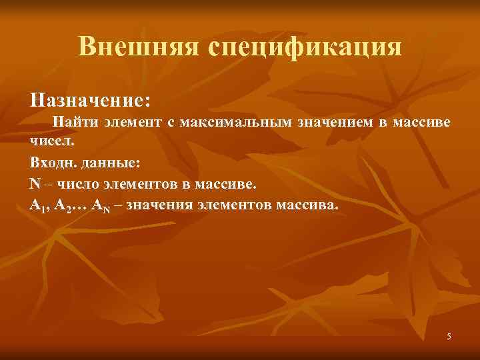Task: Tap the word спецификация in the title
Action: point(305,47)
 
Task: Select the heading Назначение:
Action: point(90,100)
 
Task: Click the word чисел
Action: point(48,141)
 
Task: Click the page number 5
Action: point(449,336)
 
